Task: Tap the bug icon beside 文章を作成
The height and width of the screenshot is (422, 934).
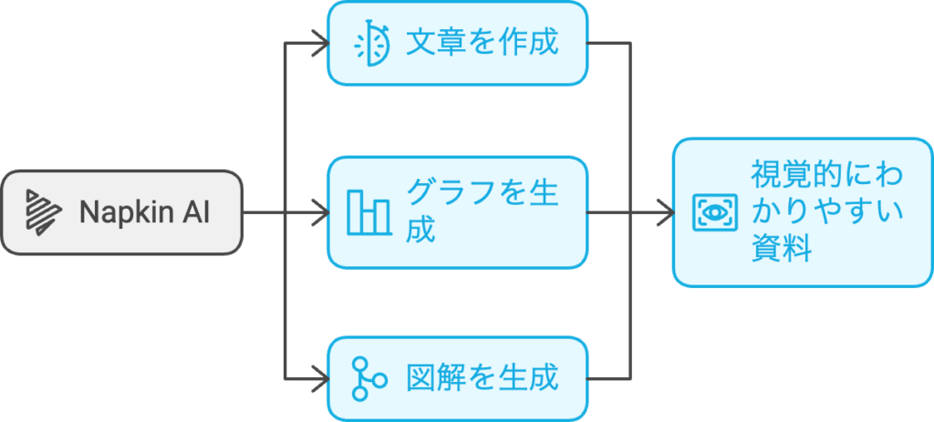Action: tap(371, 43)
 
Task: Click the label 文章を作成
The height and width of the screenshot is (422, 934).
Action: tap(482, 43)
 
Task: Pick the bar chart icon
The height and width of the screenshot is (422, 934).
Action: tap(368, 211)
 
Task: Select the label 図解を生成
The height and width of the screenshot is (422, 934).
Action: tap(482, 378)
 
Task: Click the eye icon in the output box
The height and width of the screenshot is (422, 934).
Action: tap(714, 211)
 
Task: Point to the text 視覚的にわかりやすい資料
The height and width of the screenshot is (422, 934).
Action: tap(826, 211)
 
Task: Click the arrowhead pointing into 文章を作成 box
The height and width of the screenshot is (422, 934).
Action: tap(319, 43)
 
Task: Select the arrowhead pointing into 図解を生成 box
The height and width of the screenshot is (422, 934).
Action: tap(319, 378)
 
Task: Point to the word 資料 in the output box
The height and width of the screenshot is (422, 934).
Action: tap(782, 250)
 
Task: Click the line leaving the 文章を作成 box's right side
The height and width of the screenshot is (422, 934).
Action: tap(608, 43)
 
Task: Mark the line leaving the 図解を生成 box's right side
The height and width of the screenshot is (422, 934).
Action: tap(608, 378)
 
